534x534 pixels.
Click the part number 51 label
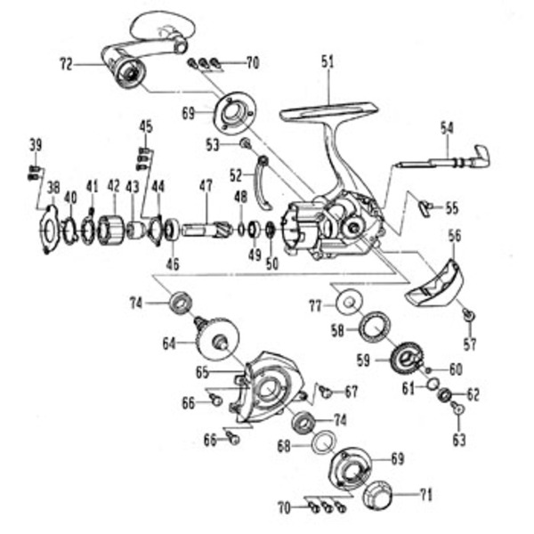(327, 62)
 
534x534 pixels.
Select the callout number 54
(446, 128)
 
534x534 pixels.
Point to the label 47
(206, 187)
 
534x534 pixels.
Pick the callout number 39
(36, 145)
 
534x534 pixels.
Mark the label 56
(455, 236)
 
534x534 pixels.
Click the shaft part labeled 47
(206, 230)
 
